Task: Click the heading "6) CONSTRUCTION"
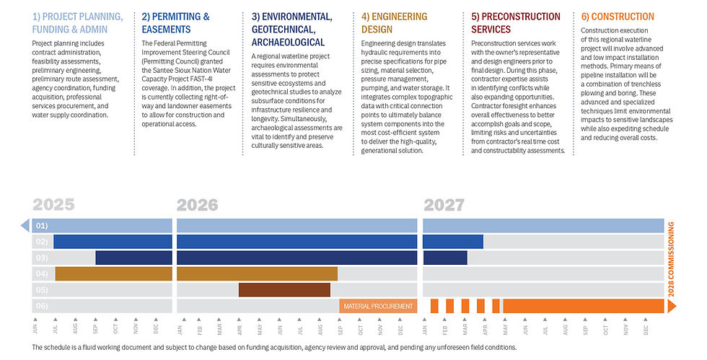618,17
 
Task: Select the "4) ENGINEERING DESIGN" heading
394,23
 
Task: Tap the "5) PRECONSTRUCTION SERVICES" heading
516,23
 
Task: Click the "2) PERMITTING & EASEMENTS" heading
175,23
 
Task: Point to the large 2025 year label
53,205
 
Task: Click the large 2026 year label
197,205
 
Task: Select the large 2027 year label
444,205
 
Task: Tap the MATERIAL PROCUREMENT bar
378,306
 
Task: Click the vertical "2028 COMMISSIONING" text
671,260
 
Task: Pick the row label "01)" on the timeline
42,226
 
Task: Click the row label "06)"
42,306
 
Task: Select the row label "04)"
42,274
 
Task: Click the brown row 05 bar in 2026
284,289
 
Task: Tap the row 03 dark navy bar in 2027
446,258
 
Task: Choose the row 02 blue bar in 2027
453,242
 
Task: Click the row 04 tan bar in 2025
114,274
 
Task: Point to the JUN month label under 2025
35,329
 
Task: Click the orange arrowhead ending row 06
672,306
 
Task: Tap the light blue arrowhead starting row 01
25,226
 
